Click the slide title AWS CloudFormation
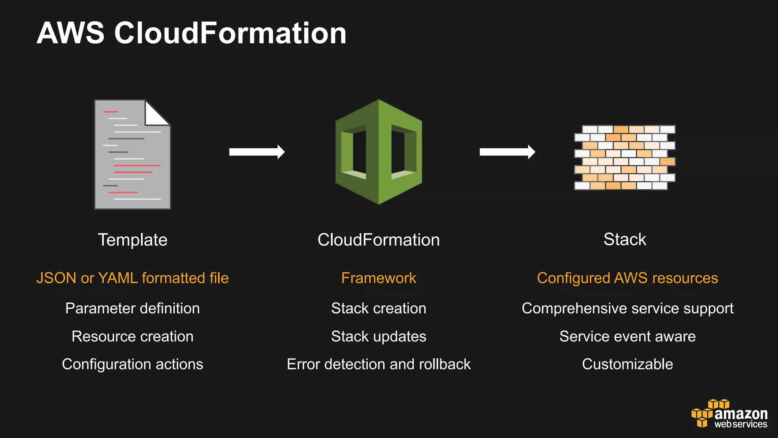click(191, 33)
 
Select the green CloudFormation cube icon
click(378, 152)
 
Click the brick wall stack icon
click(625, 157)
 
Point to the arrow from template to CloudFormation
click(257, 152)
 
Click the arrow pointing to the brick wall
click(507, 152)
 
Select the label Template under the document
click(133, 240)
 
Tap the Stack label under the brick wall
click(625, 240)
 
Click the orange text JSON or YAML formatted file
click(133, 278)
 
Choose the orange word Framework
click(378, 278)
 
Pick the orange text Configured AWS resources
click(627, 278)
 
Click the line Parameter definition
click(133, 308)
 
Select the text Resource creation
click(133, 336)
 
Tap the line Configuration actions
click(133, 364)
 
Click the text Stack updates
click(378, 336)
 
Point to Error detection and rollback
click(378, 364)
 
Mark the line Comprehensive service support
click(627, 308)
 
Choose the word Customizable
click(627, 364)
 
